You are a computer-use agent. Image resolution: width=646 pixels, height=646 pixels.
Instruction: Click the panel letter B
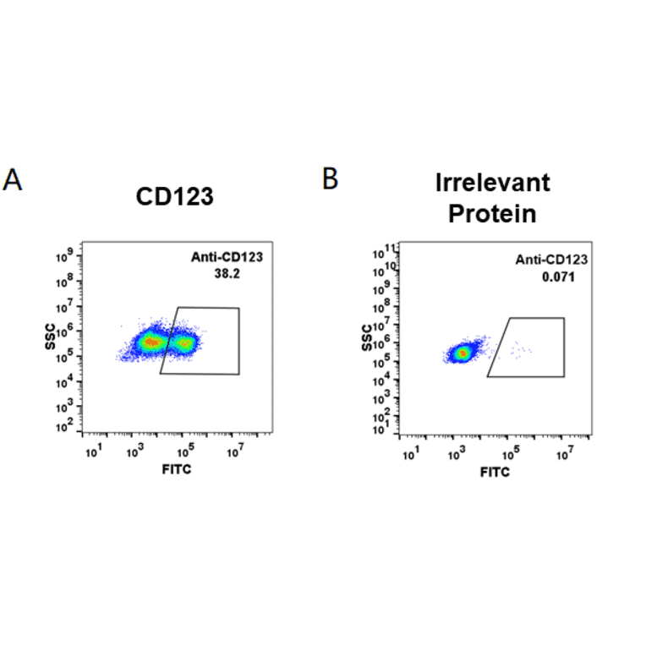(x=331, y=178)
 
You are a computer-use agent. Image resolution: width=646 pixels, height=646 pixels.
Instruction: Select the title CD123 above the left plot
(x=175, y=197)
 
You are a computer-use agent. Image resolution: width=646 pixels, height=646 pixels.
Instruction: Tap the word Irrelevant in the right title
(x=492, y=183)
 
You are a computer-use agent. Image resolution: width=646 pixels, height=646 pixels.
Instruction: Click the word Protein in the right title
(x=492, y=214)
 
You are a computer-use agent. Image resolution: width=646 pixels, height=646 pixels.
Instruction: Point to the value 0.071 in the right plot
(x=557, y=276)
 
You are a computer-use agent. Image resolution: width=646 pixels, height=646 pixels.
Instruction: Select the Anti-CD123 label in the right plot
(x=552, y=261)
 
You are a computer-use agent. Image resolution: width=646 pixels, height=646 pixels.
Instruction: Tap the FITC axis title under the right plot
(x=495, y=472)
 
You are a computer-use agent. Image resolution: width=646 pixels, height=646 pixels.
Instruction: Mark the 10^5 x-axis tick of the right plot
(x=510, y=455)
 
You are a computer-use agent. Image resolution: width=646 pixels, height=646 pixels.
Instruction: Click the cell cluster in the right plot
(x=462, y=352)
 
